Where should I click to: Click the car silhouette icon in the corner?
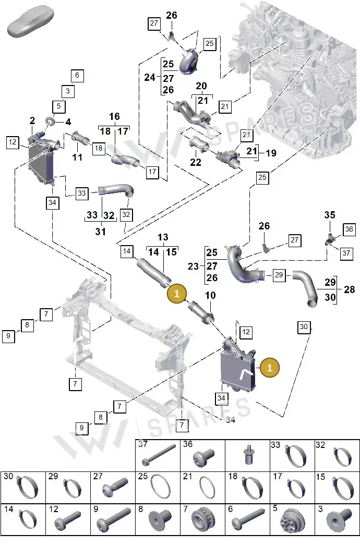coord(31,21)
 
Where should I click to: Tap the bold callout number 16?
coord(114,117)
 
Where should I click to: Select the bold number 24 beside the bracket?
coord(150,77)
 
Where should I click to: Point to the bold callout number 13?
coord(163,237)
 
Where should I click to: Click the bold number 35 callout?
coord(330,215)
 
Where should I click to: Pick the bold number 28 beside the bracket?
coord(349,289)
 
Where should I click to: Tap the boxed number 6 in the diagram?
coord(77,76)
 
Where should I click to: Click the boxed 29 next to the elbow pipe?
coord(279,275)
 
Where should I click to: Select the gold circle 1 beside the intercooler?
coord(269,367)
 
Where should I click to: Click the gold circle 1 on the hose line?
coord(177,294)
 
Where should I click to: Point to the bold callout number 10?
coord(210,295)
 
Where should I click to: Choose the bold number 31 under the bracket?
coord(100,231)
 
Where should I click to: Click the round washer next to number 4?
coord(51,122)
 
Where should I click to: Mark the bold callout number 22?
coord(196,162)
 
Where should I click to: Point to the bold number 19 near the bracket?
coord(271,153)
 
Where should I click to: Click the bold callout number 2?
coord(32,121)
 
